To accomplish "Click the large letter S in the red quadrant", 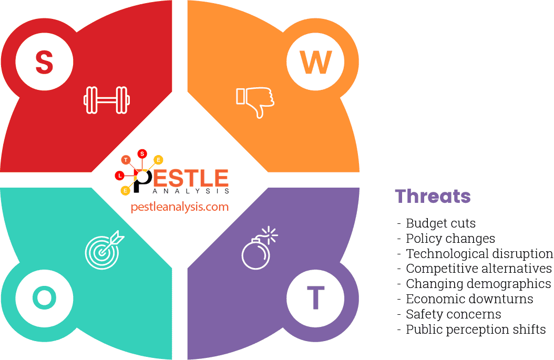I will pos(44,62).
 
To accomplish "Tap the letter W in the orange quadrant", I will pos(315,62).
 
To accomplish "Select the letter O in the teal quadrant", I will pos(44,298).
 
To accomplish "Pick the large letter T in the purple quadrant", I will pos(315,298).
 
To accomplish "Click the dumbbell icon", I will pos(107,100).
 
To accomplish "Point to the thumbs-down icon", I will pos(255,101).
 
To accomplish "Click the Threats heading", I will pos(433,196).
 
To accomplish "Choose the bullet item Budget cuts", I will pos(440,223).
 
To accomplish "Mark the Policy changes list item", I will pos(450,239).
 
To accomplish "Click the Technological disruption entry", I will pos(479,254).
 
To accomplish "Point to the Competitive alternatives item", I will pos(478,269).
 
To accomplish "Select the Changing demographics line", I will pos(478,284).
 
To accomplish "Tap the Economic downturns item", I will pos(469,299).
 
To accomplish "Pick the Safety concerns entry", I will pos(453,314).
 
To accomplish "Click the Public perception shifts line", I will pos(475,330).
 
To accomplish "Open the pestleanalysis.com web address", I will pos(180,207).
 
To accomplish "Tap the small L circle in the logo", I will pos(120,175).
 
